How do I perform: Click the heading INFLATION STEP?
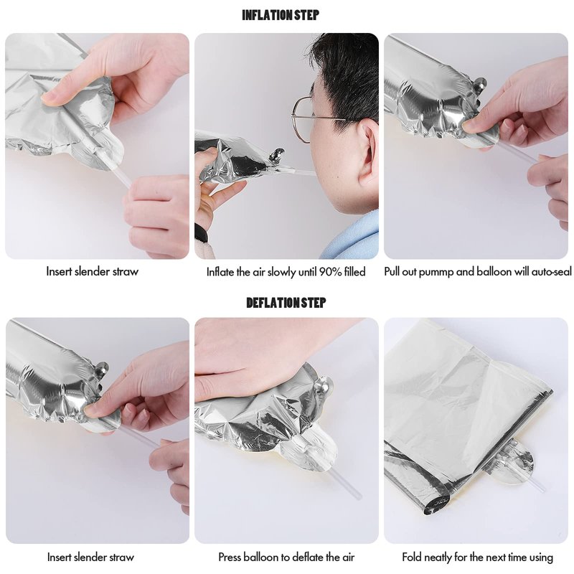pos(281,15)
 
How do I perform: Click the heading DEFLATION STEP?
pos(286,303)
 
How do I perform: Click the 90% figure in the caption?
pos(331,272)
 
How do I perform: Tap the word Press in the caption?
pos(230,557)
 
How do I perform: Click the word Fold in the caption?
pos(410,557)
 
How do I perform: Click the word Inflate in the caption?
pos(220,272)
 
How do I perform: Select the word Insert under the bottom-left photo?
pos(60,557)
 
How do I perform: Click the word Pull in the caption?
pos(392,272)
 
